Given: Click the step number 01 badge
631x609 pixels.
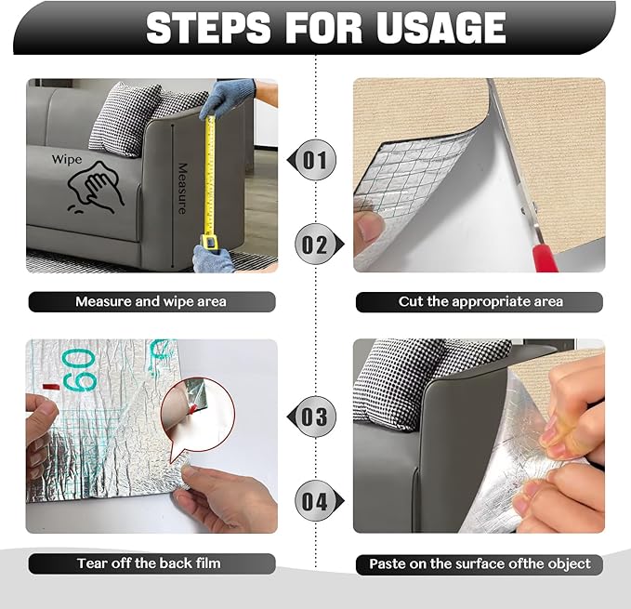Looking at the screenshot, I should click(x=315, y=161).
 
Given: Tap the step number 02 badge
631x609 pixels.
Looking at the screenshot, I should click(x=315, y=245).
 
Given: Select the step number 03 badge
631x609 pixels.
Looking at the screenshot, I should click(x=316, y=416).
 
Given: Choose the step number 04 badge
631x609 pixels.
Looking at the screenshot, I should click(x=316, y=502).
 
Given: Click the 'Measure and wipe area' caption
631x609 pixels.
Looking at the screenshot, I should click(x=151, y=302).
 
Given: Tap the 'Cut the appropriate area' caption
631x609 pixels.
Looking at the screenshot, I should click(x=480, y=302).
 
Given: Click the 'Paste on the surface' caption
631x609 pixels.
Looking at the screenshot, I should click(x=480, y=563).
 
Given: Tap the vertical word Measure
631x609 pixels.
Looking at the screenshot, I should click(x=184, y=186).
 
